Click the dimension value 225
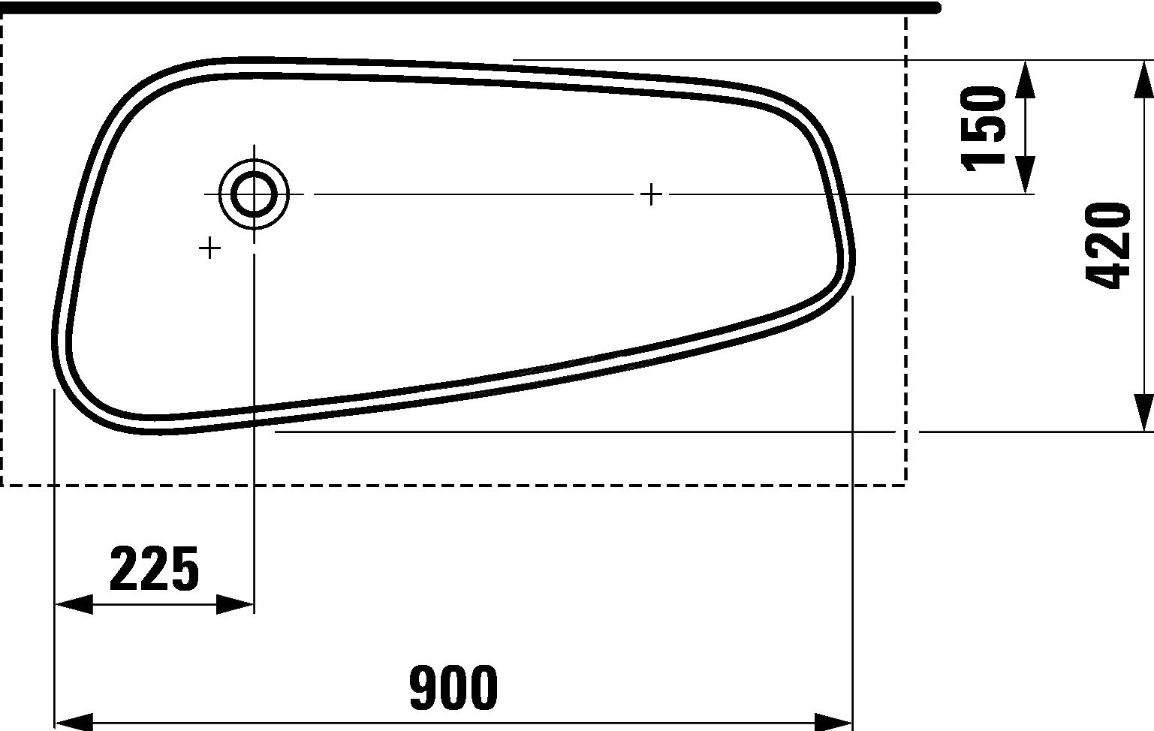tap(154, 569)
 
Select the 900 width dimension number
tap(453, 687)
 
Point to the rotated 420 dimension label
tap(1108, 245)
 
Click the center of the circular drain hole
tap(254, 194)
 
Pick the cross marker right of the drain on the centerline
tap(652, 194)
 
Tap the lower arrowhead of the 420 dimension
tap(1143, 414)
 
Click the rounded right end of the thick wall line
tap(936, 8)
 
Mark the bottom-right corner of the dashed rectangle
tap(906, 486)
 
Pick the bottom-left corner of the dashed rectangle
tap(2, 486)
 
